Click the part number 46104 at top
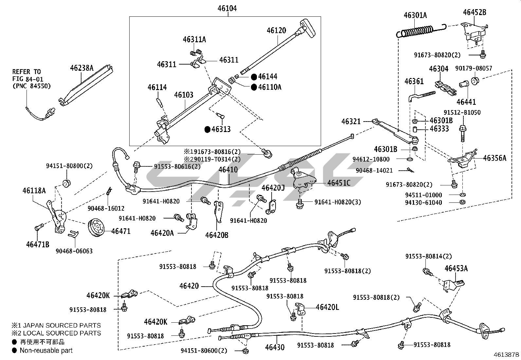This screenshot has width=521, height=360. click(x=227, y=9)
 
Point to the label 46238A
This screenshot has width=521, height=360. click(x=81, y=68)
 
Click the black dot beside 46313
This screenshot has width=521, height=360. click(x=207, y=129)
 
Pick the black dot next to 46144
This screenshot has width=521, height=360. click(x=254, y=77)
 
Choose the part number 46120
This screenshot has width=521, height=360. click(x=276, y=30)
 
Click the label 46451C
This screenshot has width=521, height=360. click(x=339, y=183)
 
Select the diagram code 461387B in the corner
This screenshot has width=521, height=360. click(x=507, y=354)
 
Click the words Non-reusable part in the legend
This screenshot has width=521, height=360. click(x=46, y=350)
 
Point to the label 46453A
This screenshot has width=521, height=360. click(x=456, y=269)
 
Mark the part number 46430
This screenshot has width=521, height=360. click(x=275, y=347)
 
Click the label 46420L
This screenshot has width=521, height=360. click(x=328, y=307)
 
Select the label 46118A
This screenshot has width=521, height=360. click(x=34, y=190)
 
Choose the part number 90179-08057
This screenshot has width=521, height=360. click(x=474, y=68)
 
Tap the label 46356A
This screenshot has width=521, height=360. click(x=494, y=158)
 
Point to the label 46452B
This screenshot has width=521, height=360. click(x=474, y=12)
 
